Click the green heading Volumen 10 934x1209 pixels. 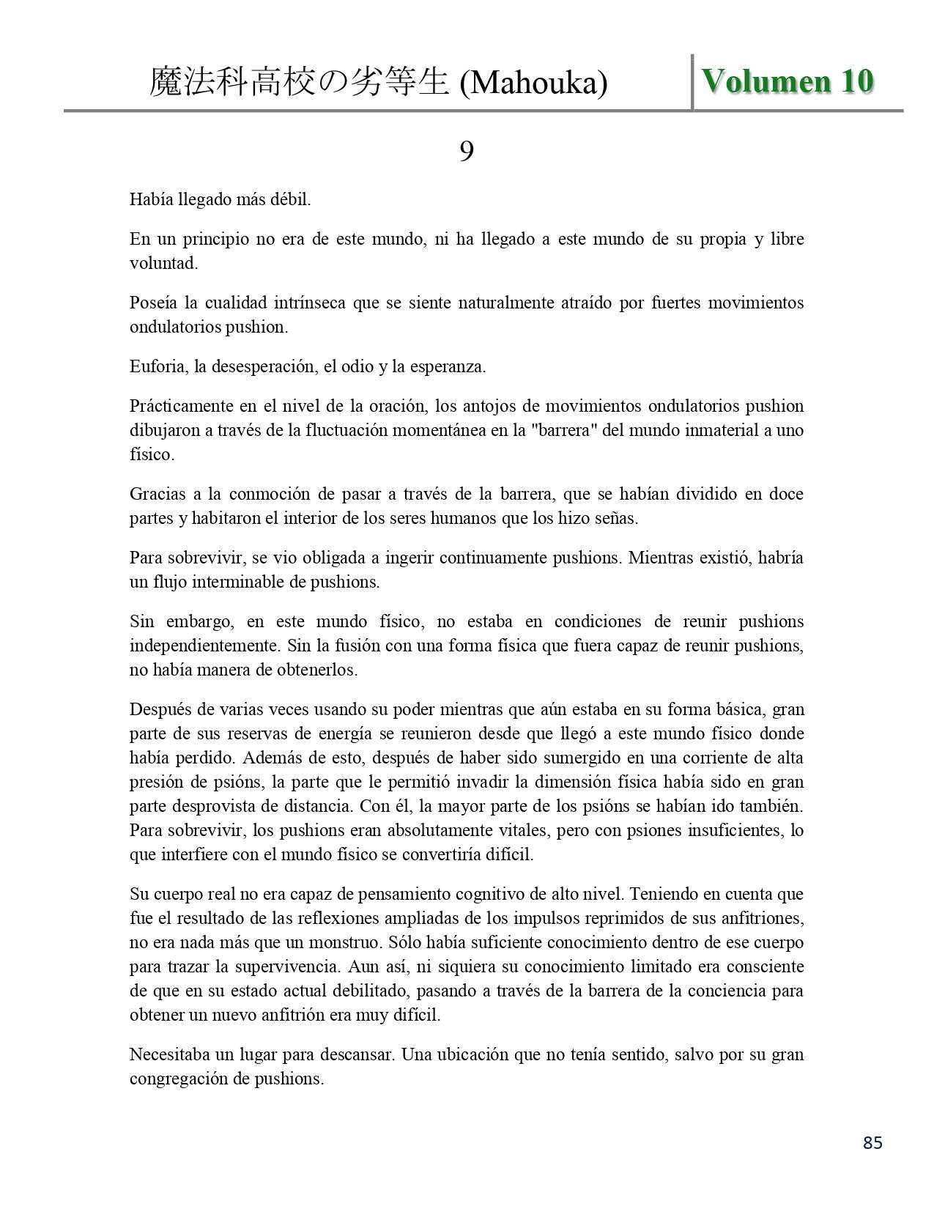[x=787, y=81]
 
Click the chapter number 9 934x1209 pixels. [x=466, y=152]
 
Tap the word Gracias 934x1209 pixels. [x=157, y=494]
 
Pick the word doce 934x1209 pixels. [x=786, y=494]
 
